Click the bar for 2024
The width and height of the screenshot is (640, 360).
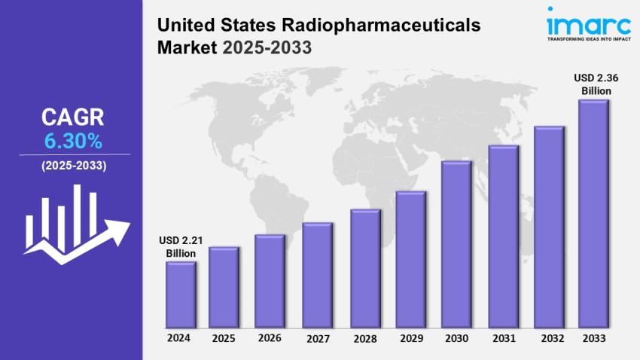click(181, 295)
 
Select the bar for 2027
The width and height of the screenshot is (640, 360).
click(316, 276)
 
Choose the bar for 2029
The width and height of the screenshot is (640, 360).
click(410, 260)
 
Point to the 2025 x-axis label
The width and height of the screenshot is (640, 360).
click(223, 338)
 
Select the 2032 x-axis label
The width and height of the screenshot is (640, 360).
click(547, 338)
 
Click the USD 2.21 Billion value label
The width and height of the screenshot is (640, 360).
click(181, 247)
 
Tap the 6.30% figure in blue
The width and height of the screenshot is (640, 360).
click(73, 140)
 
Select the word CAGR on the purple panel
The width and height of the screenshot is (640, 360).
click(73, 117)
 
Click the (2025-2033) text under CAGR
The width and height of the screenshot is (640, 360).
click(73, 166)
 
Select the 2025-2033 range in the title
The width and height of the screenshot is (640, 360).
click(268, 48)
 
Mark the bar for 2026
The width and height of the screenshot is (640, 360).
click(270, 282)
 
